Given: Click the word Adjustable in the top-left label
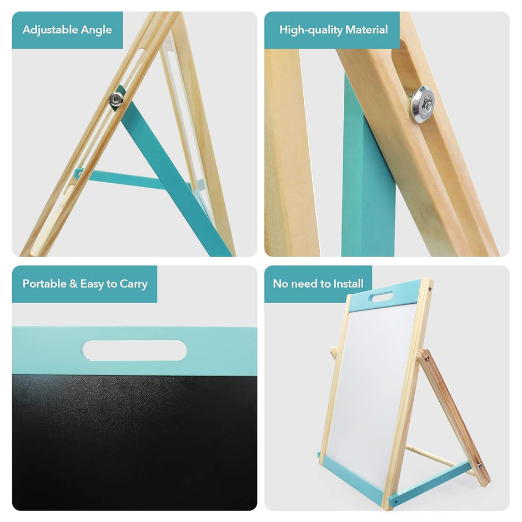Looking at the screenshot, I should point(49,30).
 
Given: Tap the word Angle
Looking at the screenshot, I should point(95,30).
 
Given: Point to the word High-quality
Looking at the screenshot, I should point(307,30).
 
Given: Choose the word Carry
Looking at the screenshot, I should point(134,284).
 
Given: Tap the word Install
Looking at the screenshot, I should point(348,284).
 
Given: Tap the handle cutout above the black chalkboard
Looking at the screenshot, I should point(134,350).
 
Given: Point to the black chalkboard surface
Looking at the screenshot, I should point(133,439).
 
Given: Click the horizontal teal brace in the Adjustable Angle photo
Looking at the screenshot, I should point(125,179).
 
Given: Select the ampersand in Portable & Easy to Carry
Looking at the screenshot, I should point(73,284).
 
